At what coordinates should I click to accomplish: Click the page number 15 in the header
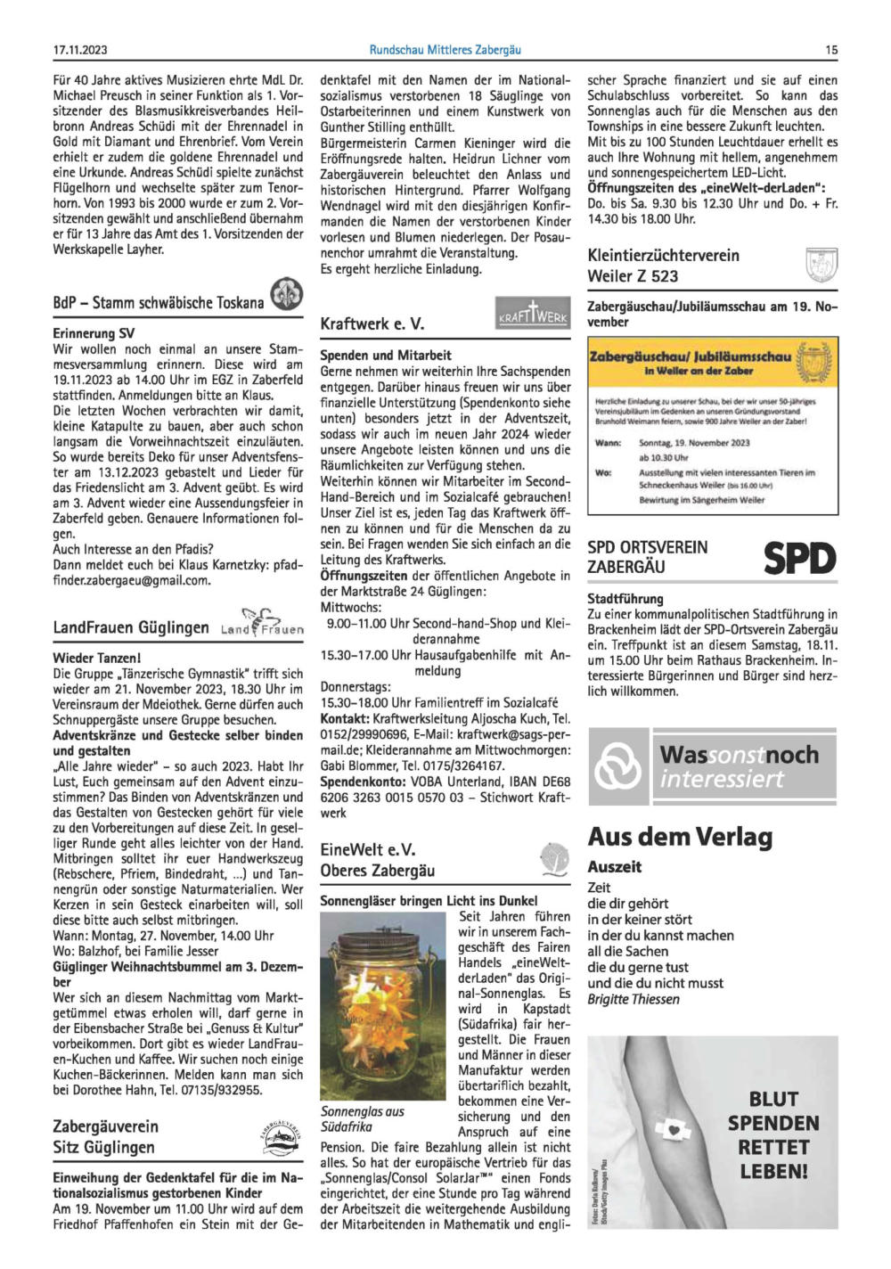pyautogui.click(x=830, y=51)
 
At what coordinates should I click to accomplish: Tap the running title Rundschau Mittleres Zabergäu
pyautogui.click(x=445, y=51)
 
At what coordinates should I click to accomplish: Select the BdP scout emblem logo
pyautogui.click(x=286, y=295)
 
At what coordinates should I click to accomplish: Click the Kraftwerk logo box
pyautogui.click(x=532, y=315)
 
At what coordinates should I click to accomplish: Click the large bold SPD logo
pyautogui.click(x=799, y=559)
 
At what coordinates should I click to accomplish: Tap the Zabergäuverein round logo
pyautogui.click(x=280, y=1134)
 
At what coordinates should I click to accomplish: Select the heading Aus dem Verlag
pyautogui.click(x=680, y=837)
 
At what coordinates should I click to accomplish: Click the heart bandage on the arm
pyautogui.click(x=680, y=1129)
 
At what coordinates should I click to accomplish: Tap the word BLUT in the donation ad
pyautogui.click(x=772, y=1099)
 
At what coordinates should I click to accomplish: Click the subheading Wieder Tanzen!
pyautogui.click(x=97, y=658)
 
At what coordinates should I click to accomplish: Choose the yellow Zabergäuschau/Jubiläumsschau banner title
pyautogui.click(x=691, y=357)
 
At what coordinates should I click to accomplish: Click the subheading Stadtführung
pyautogui.click(x=625, y=599)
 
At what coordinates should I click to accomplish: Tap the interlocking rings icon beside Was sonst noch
pyautogui.click(x=618, y=765)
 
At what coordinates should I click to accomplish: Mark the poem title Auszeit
pyautogui.click(x=614, y=866)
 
